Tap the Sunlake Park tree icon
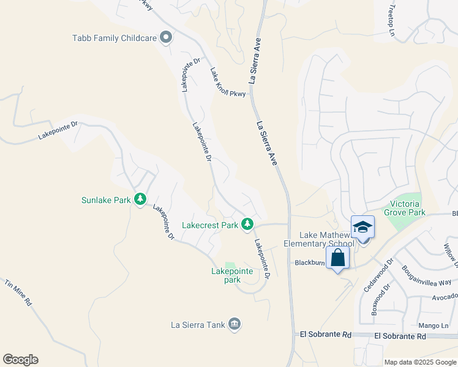click(x=140, y=199)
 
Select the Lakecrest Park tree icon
click(x=247, y=225)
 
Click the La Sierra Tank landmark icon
click(x=234, y=324)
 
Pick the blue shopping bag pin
click(x=337, y=259)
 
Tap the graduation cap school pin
click(x=362, y=228)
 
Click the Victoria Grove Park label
click(x=405, y=208)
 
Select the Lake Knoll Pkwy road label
click(x=227, y=83)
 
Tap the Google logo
click(x=20, y=360)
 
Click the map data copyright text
click(x=419, y=362)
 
